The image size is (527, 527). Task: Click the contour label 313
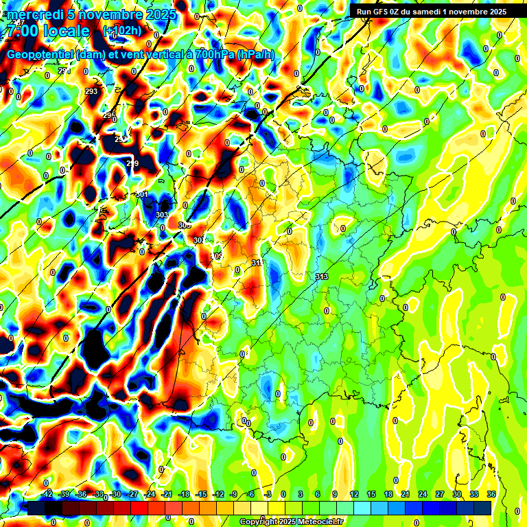321,277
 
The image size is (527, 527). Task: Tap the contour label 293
91,91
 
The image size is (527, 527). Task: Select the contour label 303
162,215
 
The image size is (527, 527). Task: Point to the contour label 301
142,195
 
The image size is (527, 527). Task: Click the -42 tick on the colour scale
47,494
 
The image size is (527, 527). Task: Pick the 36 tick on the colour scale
491,494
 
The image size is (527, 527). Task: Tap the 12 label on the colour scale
354,494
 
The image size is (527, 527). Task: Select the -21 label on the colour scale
167,494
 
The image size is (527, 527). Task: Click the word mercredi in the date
35,14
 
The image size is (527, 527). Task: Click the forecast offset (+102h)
121,31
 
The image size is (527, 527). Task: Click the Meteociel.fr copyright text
291,522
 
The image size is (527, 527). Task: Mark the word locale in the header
66,31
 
